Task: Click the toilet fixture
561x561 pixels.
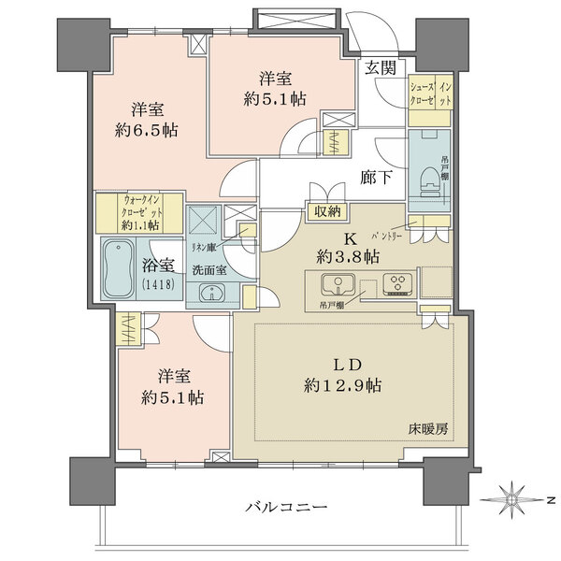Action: [429, 176]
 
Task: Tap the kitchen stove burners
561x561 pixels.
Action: [396, 282]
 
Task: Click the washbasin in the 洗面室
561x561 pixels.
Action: [212, 293]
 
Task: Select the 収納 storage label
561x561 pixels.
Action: [327, 213]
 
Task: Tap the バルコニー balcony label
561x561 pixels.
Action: [285, 507]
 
